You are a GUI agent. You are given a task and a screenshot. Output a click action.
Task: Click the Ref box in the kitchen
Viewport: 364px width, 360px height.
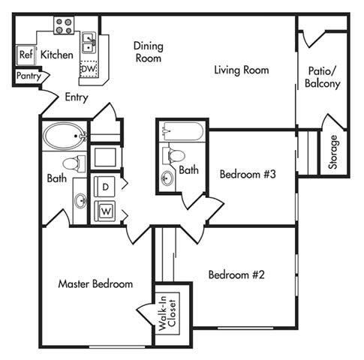click(x=26, y=55)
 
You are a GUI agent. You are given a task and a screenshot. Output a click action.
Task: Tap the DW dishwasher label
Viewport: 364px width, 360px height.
click(x=88, y=70)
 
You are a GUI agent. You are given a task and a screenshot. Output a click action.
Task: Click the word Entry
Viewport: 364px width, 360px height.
click(x=77, y=97)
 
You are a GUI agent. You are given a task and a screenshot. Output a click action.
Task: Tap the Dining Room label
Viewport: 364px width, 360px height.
click(x=148, y=52)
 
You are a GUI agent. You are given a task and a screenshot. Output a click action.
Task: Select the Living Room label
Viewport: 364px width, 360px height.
click(x=241, y=70)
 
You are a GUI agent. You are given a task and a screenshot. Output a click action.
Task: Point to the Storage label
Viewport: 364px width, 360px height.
click(x=334, y=152)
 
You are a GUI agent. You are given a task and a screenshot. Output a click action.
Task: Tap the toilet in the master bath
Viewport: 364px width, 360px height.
click(x=74, y=163)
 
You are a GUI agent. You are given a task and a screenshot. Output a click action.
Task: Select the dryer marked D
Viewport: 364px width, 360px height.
click(x=106, y=184)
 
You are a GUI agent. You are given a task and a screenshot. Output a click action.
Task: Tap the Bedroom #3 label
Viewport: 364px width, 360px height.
click(x=248, y=175)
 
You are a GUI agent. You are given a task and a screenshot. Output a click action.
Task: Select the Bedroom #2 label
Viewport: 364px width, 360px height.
click(x=237, y=274)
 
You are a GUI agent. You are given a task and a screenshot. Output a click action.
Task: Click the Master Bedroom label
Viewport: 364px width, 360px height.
click(x=95, y=284)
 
